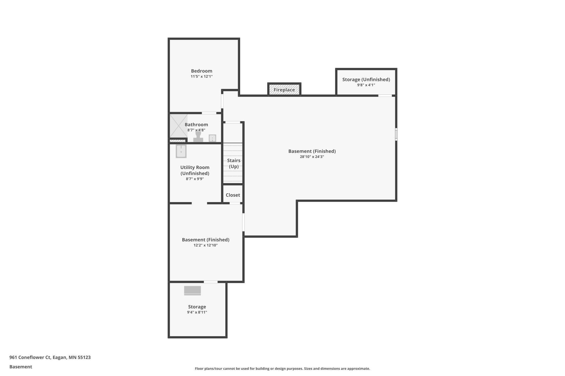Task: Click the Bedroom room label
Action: pos(202,71)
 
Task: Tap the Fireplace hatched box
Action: pos(284,90)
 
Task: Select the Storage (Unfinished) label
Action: pos(366,79)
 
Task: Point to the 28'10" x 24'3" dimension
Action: pos(312,157)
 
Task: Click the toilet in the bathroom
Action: pos(198,136)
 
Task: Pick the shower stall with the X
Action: pos(179,126)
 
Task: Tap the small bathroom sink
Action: pos(212,138)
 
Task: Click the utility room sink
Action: pos(181,151)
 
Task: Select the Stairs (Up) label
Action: pos(234,163)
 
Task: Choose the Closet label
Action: pos(233,195)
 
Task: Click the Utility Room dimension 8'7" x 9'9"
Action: pos(195,179)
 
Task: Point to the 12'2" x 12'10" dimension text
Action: pos(206,245)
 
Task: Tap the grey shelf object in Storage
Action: pos(193,291)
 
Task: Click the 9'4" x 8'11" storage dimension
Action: pos(197,312)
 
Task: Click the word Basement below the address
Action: pos(21,367)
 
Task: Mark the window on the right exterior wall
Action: pos(396,134)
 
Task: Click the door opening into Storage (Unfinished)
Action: pos(385,95)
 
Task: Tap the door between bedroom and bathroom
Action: pos(209,113)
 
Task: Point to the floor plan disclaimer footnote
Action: pos(282,369)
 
